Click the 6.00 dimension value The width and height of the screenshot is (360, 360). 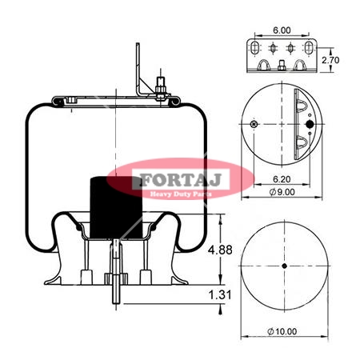282,30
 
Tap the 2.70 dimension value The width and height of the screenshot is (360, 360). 330,60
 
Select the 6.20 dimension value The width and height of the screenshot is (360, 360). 282,179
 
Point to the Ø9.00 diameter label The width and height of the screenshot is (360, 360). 282,192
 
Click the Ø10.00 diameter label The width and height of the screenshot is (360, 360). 282,331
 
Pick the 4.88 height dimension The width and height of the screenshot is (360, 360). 220,250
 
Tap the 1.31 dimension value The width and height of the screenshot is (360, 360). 219,295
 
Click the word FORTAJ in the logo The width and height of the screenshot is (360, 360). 181,180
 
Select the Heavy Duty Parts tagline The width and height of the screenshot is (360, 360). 181,194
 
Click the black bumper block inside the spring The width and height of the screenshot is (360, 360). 116,207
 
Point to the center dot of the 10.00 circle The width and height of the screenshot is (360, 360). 284,266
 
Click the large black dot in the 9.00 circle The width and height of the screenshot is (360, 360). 310,124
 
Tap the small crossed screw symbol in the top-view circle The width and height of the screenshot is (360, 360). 254,124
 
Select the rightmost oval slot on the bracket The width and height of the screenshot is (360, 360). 309,48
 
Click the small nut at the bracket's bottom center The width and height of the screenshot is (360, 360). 282,66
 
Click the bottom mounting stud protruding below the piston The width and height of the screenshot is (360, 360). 116,272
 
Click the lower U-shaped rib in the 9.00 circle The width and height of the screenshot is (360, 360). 302,143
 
